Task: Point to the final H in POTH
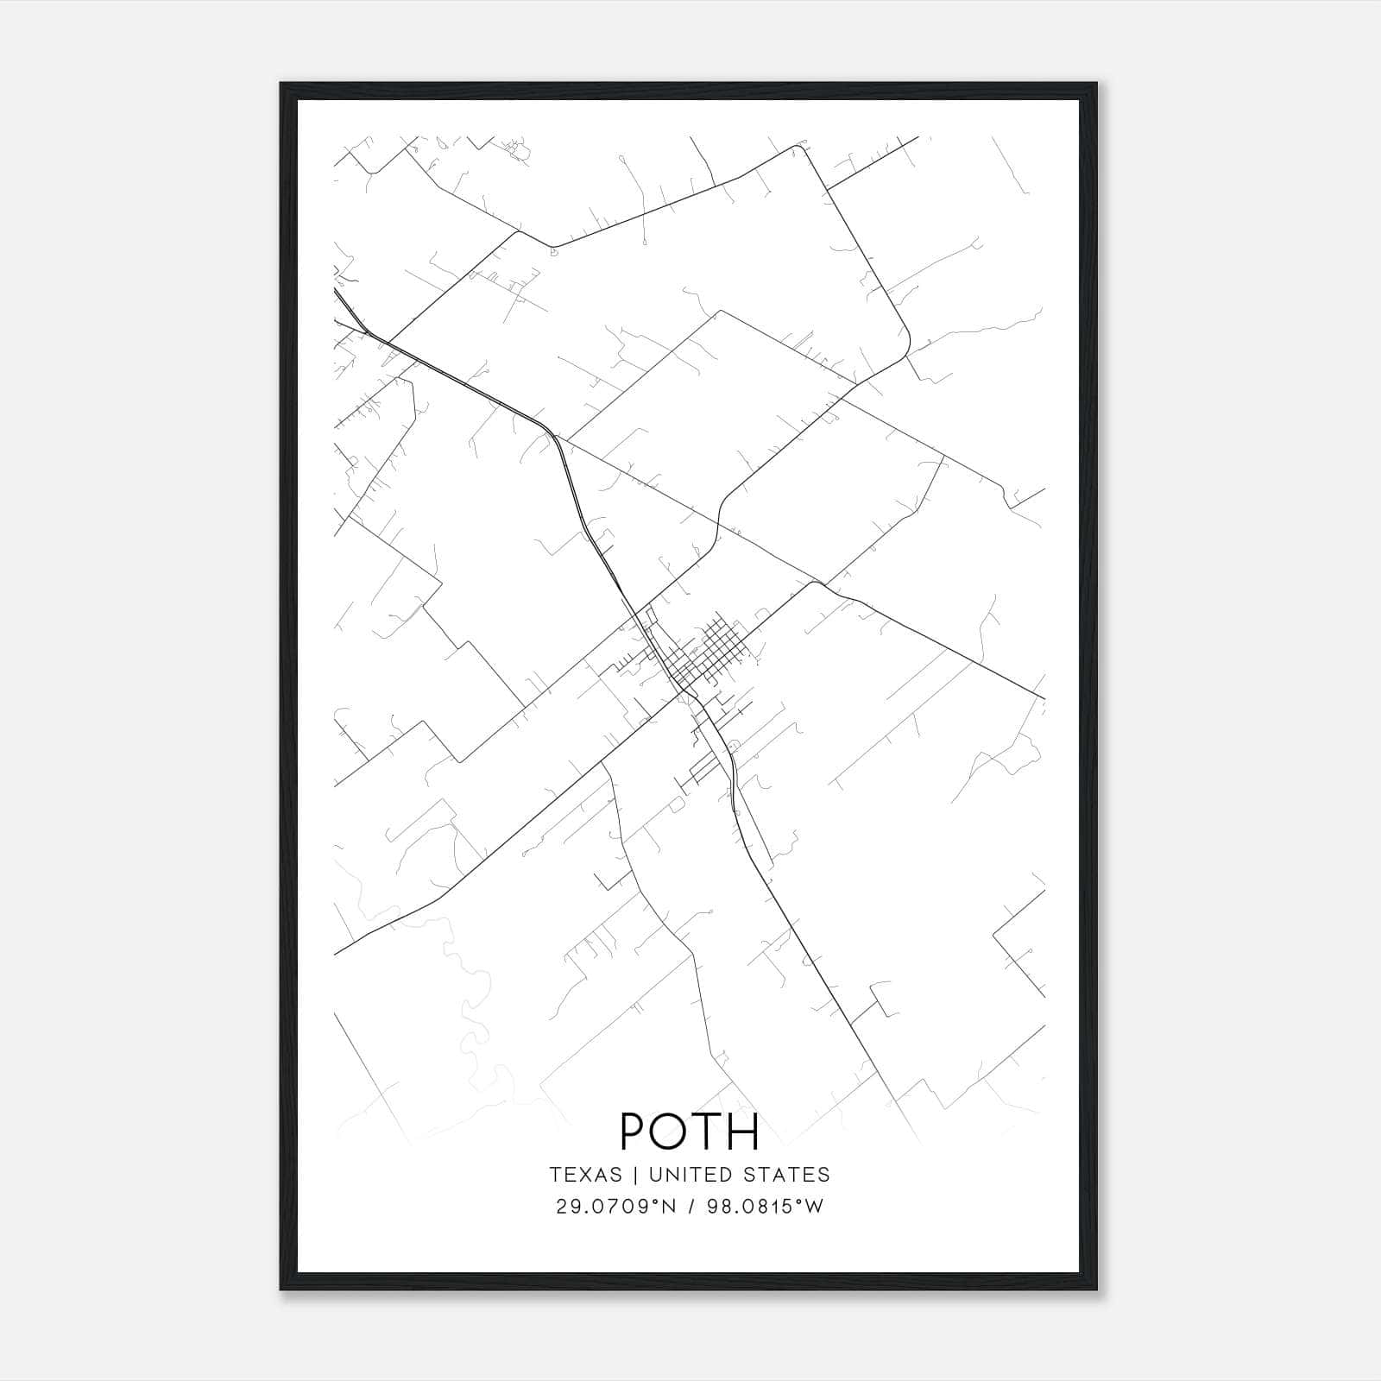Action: point(742,1132)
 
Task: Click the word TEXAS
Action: point(585,1175)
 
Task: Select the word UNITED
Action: point(684,1175)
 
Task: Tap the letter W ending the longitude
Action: point(815,1207)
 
